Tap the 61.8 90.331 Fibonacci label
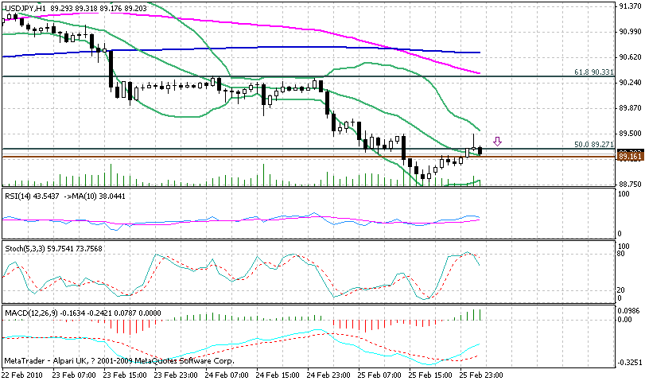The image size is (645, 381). coord(594,72)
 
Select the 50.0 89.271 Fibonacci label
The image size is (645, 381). coord(594,145)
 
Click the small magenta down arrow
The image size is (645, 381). coord(498,142)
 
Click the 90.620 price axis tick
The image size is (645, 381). coord(630,56)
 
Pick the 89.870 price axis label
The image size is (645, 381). coord(630,108)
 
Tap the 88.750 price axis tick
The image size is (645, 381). coord(630,184)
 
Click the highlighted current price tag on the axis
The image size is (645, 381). coord(630,156)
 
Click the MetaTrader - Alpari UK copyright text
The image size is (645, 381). coord(95,360)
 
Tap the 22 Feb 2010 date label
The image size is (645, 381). coord(21,373)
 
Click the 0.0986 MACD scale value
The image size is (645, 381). coord(630,310)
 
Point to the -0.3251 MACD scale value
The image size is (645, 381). coord(630,361)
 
